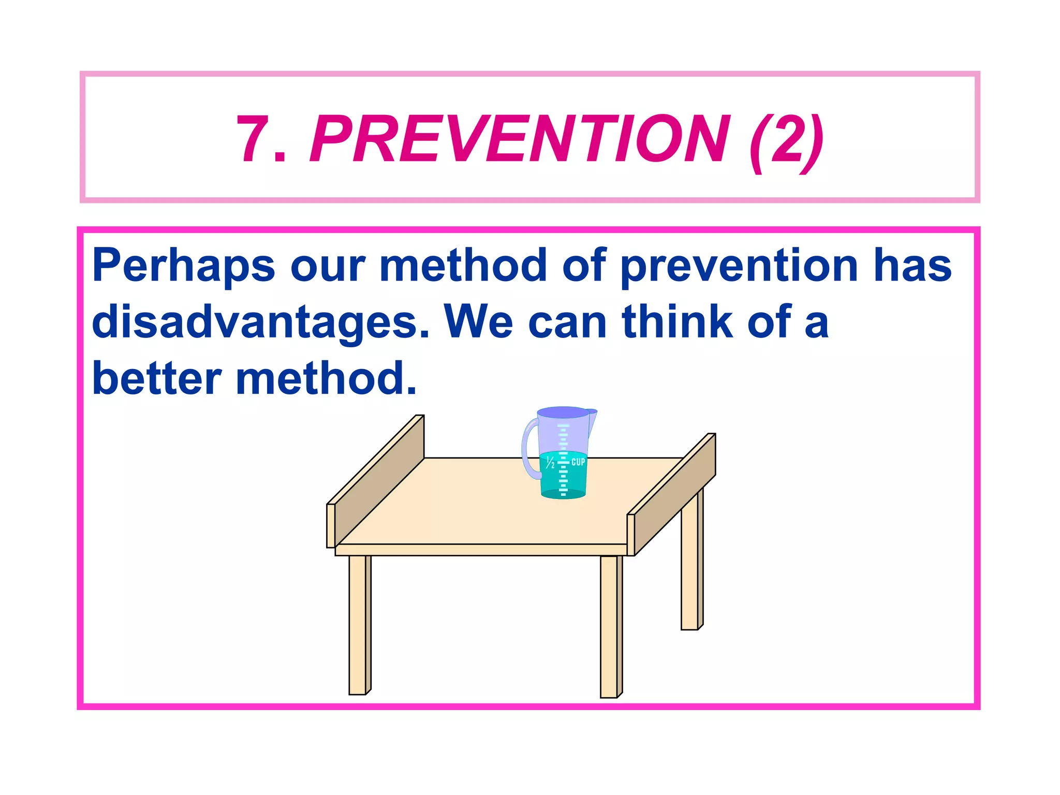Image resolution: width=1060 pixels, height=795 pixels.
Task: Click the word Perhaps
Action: tap(183, 266)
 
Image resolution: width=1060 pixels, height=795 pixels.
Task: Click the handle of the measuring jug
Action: tap(529, 448)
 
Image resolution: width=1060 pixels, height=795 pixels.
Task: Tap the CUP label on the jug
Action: tap(578, 462)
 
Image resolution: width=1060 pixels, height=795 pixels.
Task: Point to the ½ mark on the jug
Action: tap(550, 462)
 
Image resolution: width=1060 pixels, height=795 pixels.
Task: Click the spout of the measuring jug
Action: tap(592, 417)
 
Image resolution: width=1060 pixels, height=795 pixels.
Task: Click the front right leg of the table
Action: tap(610, 626)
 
